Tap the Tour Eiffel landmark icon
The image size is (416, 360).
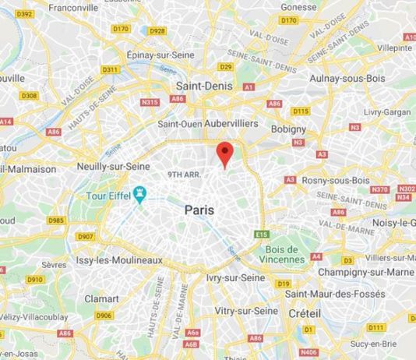click(140, 192)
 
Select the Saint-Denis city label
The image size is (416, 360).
click(203, 86)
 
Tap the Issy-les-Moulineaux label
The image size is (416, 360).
click(119, 260)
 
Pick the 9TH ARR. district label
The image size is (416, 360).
click(184, 175)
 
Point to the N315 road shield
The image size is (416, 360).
click(150, 101)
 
